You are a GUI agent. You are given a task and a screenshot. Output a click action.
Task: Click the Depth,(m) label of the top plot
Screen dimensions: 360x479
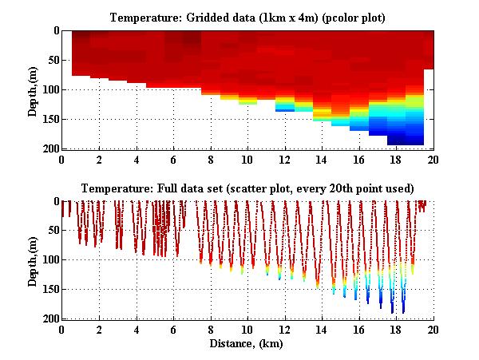pos(33,89)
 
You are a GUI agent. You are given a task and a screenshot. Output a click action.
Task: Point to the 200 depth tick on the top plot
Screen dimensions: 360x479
pos(50,149)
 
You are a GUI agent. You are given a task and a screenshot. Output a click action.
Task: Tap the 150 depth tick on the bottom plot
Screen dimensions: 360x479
pos(50,290)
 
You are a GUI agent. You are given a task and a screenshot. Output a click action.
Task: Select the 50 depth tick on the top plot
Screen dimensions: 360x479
pos(53,61)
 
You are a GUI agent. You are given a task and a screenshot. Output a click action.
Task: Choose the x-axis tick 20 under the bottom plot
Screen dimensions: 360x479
pos(433,330)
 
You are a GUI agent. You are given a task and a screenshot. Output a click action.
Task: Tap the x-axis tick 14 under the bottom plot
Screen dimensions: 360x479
pos(321,330)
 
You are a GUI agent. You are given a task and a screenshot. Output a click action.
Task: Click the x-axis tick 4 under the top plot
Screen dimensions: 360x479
pos(136,160)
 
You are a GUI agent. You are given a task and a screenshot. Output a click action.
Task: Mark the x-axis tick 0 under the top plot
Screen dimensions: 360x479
pos(61,160)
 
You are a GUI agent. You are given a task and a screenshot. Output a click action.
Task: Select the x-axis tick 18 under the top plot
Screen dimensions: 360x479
pos(395,160)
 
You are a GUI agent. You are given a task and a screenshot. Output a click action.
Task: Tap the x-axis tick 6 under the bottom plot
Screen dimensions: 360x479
pos(173,330)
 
